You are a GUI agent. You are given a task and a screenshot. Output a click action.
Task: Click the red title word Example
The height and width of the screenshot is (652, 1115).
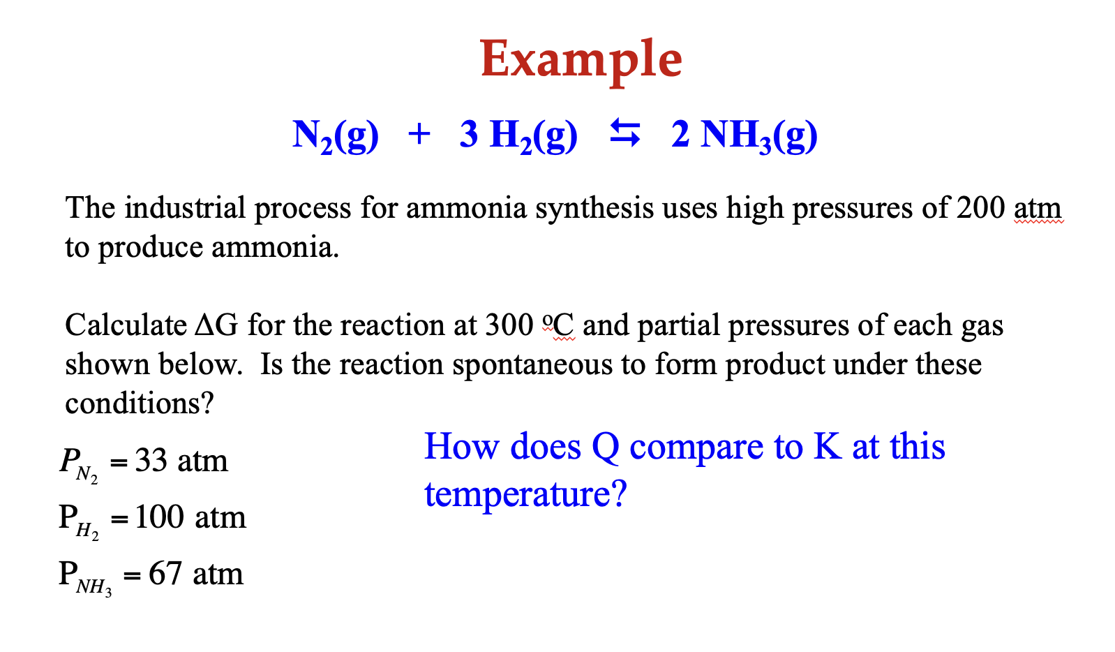pos(581,61)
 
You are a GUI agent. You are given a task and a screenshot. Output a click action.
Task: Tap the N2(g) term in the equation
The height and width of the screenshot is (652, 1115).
pos(336,136)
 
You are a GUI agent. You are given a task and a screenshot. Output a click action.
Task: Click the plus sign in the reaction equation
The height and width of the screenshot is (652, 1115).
pos(419,135)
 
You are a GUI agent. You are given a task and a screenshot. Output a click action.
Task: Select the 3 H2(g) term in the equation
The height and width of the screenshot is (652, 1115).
pos(518,136)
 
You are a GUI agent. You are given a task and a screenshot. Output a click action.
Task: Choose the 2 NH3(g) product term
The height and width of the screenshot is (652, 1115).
pos(744,136)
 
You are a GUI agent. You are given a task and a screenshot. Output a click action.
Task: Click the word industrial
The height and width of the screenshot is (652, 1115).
pos(185,208)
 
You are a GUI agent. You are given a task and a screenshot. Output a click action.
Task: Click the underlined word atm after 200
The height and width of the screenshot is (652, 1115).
pos(1038,209)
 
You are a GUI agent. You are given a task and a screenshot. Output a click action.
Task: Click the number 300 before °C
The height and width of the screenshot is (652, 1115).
pos(509,325)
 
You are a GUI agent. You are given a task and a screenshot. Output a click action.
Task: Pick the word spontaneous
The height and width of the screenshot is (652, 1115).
pos(532,365)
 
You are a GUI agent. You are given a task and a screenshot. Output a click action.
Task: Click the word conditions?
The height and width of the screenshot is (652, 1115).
pos(140,403)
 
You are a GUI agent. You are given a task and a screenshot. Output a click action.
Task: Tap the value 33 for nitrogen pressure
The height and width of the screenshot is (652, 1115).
pos(151,460)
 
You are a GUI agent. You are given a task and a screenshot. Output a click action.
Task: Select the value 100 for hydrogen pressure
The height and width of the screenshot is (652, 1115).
pos(159,517)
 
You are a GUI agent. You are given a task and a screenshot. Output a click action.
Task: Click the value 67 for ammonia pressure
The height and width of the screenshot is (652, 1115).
pos(165,574)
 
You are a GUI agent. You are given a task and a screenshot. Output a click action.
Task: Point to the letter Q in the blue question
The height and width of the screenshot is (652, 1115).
pos(605,447)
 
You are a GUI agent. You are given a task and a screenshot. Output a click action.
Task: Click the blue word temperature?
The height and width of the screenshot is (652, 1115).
pos(525,495)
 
